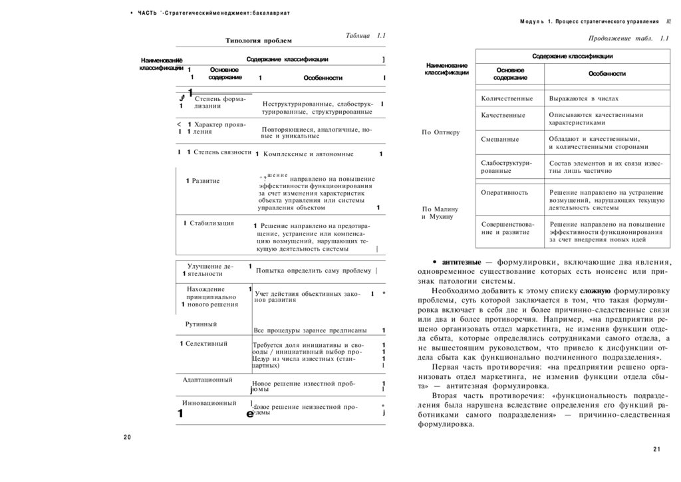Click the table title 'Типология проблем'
(x=259, y=41)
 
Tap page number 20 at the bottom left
(x=128, y=437)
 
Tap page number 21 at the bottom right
(x=656, y=449)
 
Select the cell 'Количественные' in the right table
(x=507, y=99)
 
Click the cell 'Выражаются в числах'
(x=584, y=99)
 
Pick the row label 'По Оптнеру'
(x=441, y=132)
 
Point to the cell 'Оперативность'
(x=505, y=192)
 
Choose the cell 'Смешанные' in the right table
(x=500, y=140)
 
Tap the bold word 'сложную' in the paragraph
(x=595, y=291)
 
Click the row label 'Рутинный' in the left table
(x=202, y=324)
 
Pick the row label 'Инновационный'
(x=209, y=403)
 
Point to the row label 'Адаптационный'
(x=207, y=380)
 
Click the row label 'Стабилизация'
(x=211, y=223)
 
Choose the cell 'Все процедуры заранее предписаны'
(x=310, y=330)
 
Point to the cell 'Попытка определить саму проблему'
(x=313, y=271)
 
